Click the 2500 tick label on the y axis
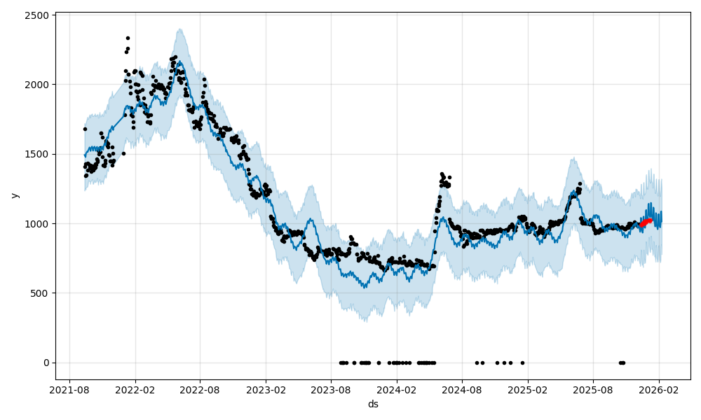pyautogui.click(x=37, y=15)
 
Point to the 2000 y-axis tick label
pyautogui.click(x=37, y=85)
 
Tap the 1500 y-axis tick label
pyautogui.click(x=37, y=154)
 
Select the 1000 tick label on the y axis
pyautogui.click(x=37, y=223)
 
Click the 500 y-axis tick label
pyautogui.click(x=40, y=293)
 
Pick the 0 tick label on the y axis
pyautogui.click(x=46, y=363)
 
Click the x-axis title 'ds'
pyautogui.click(x=373, y=405)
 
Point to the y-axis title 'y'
pyautogui.click(x=13, y=195)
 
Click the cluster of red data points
pyautogui.click(x=645, y=222)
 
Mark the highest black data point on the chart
pyautogui.click(x=128, y=38)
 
